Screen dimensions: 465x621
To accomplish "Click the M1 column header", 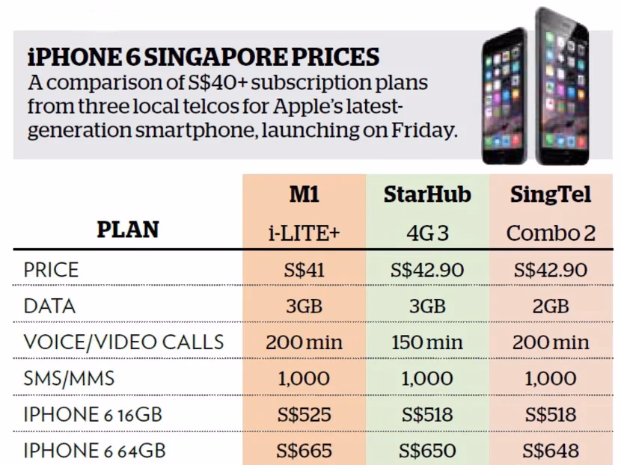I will [304, 195].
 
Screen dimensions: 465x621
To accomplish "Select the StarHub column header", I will [426, 195].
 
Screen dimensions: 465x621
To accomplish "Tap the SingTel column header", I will [551, 195].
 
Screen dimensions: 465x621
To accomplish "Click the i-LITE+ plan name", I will [304, 232].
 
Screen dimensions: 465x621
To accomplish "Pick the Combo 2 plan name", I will [551, 232].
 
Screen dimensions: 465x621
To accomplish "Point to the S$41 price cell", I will [304, 270].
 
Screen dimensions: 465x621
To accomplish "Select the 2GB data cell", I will [551, 307].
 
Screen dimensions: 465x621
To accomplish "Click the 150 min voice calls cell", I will [426, 342].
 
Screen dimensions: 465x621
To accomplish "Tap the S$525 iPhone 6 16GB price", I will [304, 415].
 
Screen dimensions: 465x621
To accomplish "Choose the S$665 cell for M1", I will [304, 451].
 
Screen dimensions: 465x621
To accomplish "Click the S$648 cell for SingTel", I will [551, 451].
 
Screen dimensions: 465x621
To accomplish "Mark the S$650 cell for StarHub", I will [426, 451].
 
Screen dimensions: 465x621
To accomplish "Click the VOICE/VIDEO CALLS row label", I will [123, 342].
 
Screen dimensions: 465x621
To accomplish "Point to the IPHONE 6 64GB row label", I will [94, 451].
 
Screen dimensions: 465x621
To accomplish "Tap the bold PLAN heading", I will [128, 230].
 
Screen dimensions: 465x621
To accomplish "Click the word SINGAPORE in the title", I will [196, 58].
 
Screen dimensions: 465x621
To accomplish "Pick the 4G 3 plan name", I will [426, 232].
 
